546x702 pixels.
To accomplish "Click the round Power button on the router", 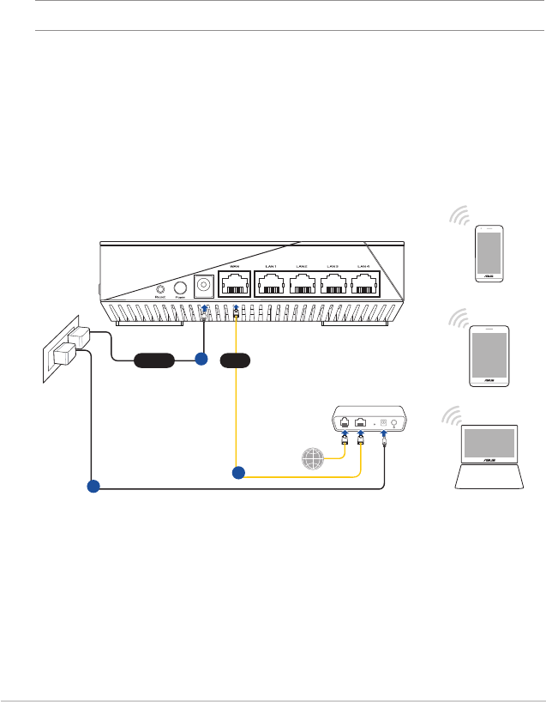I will tap(181, 289).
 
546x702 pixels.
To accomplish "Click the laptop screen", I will tap(489, 444).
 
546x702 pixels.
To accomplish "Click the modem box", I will tap(369, 422).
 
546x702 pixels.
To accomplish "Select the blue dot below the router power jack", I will tap(201, 360).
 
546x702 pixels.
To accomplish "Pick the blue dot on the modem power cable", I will tap(93, 487).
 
